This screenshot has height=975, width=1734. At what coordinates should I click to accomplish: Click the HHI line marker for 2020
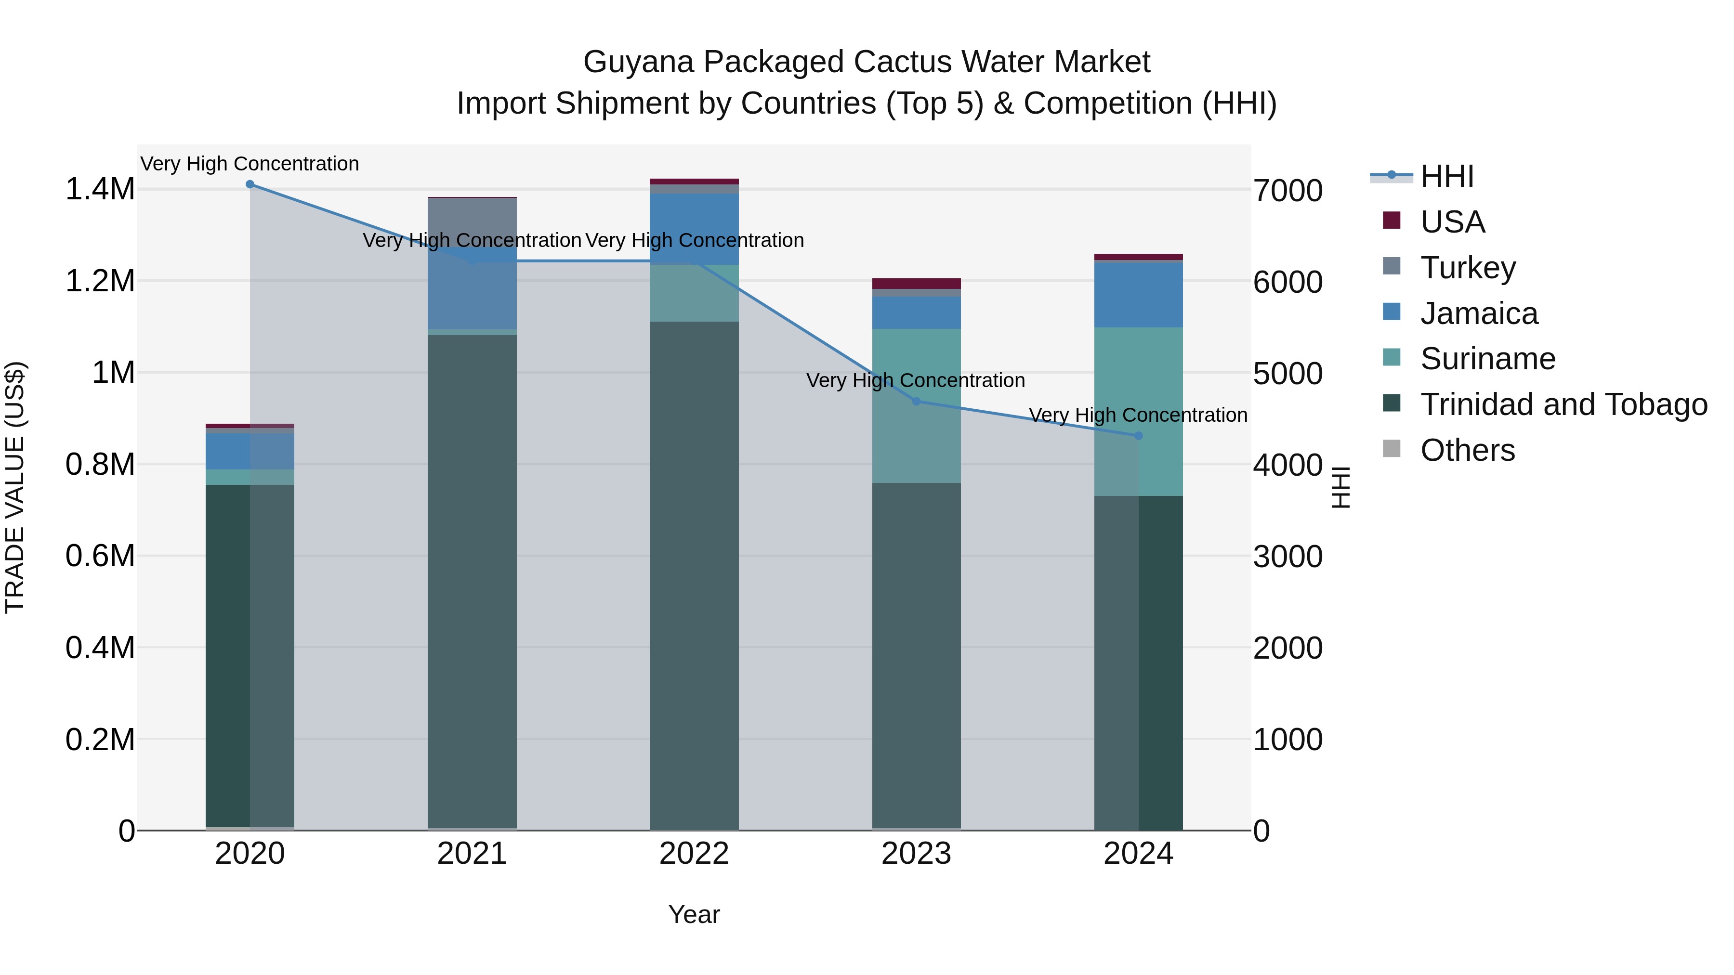click(x=250, y=184)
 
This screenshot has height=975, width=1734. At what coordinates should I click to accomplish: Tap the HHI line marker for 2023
click(x=916, y=401)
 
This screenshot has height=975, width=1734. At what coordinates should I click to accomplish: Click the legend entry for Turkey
click(x=1468, y=268)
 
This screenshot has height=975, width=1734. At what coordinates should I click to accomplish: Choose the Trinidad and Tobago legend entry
click(x=1563, y=404)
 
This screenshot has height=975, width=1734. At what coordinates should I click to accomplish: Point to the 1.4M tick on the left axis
click(x=100, y=190)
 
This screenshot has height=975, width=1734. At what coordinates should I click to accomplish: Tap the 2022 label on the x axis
click(x=694, y=854)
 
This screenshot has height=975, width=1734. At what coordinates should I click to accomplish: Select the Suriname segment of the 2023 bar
click(x=916, y=406)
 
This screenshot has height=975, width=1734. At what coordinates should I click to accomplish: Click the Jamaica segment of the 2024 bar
click(x=1138, y=295)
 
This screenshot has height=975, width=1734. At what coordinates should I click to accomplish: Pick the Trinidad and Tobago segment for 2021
click(x=472, y=579)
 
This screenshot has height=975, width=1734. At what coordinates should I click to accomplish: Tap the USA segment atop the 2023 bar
click(x=916, y=283)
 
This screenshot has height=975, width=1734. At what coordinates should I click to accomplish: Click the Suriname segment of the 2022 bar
click(x=694, y=293)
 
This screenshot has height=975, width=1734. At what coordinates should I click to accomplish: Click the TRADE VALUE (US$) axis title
click(x=15, y=487)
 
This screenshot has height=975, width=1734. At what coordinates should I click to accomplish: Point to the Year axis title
click(x=694, y=914)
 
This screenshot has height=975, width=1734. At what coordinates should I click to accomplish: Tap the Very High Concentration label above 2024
click(x=1138, y=415)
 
